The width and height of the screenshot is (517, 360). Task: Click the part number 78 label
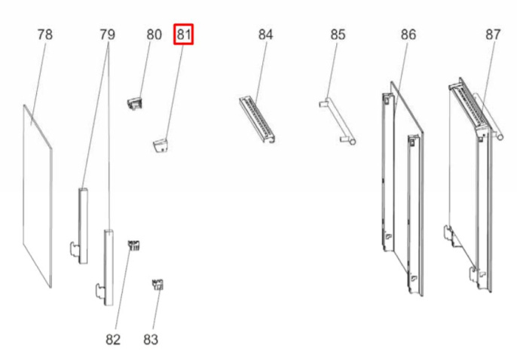coord(44,35)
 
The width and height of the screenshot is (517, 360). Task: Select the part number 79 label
coord(107,35)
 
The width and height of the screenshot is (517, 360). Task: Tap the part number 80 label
coord(154,35)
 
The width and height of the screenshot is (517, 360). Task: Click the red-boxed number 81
coord(185,35)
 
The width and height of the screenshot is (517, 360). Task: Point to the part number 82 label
coord(113,340)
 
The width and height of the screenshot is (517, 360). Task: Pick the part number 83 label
coord(151,340)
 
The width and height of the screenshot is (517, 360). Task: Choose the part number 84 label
coord(265,35)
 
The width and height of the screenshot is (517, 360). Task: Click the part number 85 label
coord(338,35)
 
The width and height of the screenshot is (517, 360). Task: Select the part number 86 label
coord(408,35)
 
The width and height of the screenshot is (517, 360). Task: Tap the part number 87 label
coord(493,35)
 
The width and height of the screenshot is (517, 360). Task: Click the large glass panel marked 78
coord(38,196)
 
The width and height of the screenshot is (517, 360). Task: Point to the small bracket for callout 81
coord(161,143)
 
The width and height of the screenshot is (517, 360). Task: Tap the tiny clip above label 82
coord(135,246)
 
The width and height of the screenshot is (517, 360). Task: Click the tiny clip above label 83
coord(159,284)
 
